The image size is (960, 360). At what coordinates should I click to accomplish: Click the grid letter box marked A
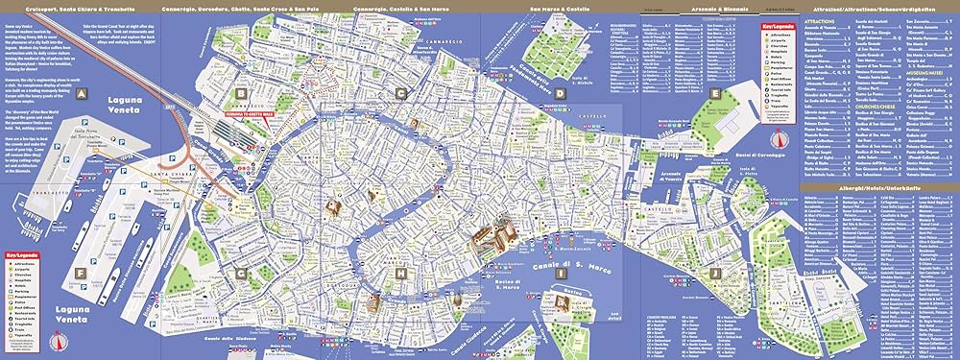84,94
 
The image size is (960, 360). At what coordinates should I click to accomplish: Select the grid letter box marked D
559,94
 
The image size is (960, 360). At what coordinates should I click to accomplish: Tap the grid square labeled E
715,94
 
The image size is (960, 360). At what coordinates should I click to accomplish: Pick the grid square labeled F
84,274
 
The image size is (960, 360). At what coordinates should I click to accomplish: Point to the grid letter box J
715,274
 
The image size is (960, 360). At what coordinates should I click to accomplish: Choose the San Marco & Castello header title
555,9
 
